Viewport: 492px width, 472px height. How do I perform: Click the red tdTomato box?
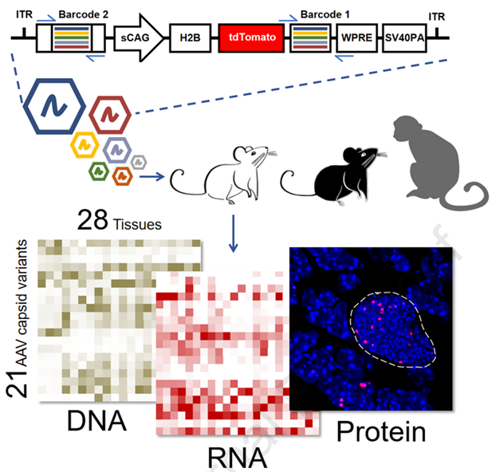coord(252,37)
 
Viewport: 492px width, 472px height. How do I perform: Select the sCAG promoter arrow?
coord(139,37)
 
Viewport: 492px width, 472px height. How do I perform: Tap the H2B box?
coord(190,37)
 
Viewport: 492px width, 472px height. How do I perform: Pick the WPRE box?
coord(356,37)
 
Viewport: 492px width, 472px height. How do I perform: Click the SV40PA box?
coord(404,37)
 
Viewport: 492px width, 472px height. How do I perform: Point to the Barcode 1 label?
coord(325,14)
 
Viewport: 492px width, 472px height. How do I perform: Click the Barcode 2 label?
coord(84,14)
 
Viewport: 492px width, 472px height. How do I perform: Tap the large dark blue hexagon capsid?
coord(54,106)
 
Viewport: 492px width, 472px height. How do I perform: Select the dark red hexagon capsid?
coord(110,115)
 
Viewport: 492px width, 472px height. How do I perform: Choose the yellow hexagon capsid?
coord(85,144)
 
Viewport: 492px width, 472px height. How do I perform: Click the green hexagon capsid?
coord(99,171)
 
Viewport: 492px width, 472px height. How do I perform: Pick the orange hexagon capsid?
coord(122,176)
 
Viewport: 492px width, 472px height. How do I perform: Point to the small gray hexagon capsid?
coord(139,163)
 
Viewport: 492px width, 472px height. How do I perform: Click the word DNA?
coord(96,421)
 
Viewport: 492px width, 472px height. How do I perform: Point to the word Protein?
coord(381,432)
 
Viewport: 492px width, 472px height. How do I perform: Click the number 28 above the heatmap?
coord(92,220)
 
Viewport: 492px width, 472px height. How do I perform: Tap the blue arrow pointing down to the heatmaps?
coord(233,234)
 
